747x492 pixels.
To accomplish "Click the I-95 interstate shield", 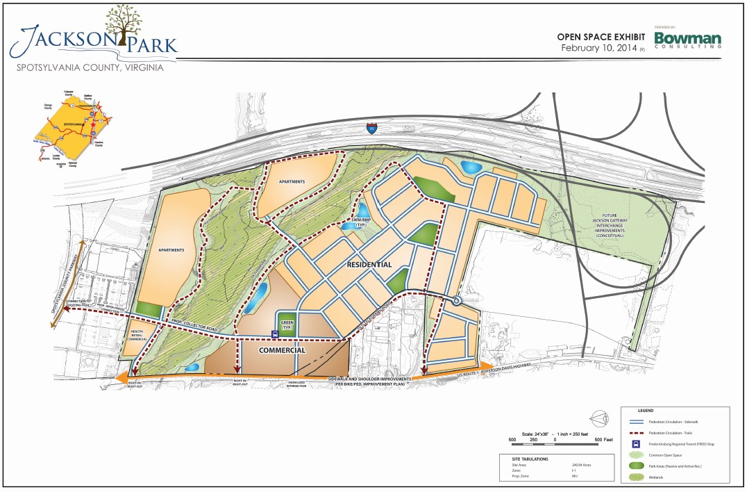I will (373, 128).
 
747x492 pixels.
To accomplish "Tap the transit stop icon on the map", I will (276, 334).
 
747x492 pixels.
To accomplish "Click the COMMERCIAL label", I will (282, 351).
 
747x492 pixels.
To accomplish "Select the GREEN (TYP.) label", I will (287, 324).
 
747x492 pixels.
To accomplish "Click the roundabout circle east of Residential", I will (457, 301).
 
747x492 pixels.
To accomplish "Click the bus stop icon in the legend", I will (634, 443).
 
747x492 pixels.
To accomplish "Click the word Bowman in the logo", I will (688, 38).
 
